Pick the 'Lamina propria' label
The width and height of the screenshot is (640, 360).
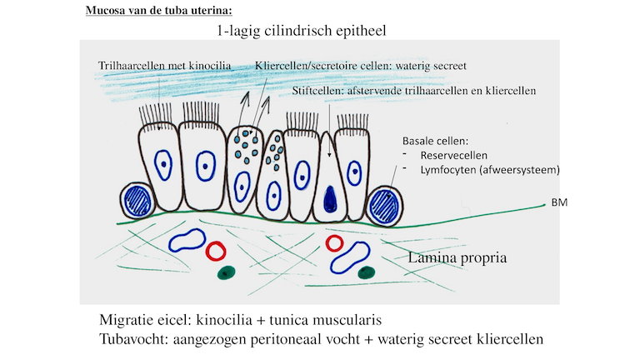coord(457,258)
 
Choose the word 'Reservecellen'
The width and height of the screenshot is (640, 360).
coord(453,155)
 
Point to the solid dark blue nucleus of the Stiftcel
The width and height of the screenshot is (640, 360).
coord(332,197)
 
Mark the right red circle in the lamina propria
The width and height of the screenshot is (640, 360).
coord(334,242)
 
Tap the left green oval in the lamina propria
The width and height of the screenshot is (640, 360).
coord(223,272)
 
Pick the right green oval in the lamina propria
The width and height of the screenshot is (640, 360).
coord(364,272)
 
